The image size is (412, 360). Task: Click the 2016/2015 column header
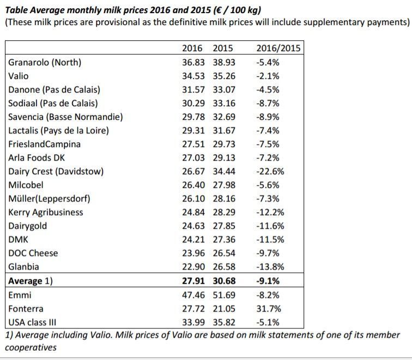(x=278, y=48)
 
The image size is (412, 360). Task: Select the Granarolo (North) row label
(x=45, y=63)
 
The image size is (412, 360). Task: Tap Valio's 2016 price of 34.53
(x=193, y=76)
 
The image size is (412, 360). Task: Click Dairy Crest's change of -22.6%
(x=270, y=171)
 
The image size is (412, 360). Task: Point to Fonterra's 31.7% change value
(x=269, y=309)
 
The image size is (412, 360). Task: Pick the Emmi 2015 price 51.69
(x=224, y=295)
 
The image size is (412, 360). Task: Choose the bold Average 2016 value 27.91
(x=193, y=280)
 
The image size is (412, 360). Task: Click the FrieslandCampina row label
(x=44, y=144)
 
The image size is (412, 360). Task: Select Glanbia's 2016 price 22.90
(x=193, y=266)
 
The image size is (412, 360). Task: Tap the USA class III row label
(x=32, y=322)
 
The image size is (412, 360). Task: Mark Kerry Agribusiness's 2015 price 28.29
(x=224, y=212)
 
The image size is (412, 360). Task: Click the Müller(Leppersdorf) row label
(x=49, y=198)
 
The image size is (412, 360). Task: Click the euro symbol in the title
(x=217, y=10)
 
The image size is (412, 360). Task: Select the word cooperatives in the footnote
(x=31, y=347)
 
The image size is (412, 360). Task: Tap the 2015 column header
(x=223, y=48)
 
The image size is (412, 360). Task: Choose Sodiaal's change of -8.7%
(x=268, y=103)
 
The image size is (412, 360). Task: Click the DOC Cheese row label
(x=33, y=253)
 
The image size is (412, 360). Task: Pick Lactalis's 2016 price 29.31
(x=193, y=131)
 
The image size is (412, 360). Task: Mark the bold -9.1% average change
(x=268, y=280)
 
